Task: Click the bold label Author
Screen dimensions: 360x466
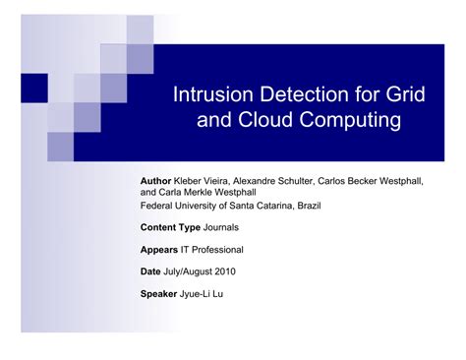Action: click(156, 182)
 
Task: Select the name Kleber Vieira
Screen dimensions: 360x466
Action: click(204, 182)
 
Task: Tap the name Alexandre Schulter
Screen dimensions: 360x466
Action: click(277, 182)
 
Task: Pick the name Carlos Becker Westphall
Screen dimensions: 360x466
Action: click(376, 182)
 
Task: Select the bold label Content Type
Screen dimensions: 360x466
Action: click(169, 227)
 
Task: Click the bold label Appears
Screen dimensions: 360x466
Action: click(159, 250)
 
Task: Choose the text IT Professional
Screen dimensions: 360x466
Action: click(211, 250)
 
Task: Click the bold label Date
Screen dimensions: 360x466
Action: click(151, 271)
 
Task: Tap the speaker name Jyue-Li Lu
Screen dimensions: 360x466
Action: click(206, 294)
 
